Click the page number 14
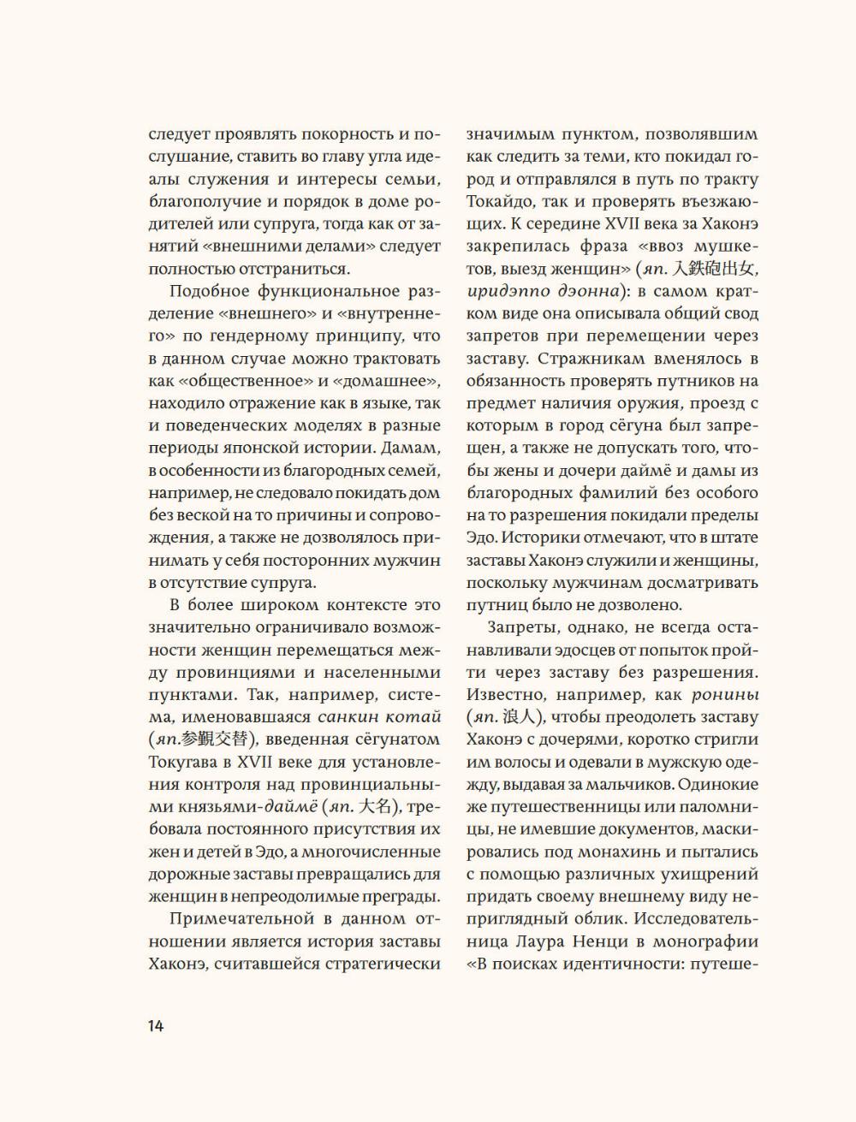(155, 1025)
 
